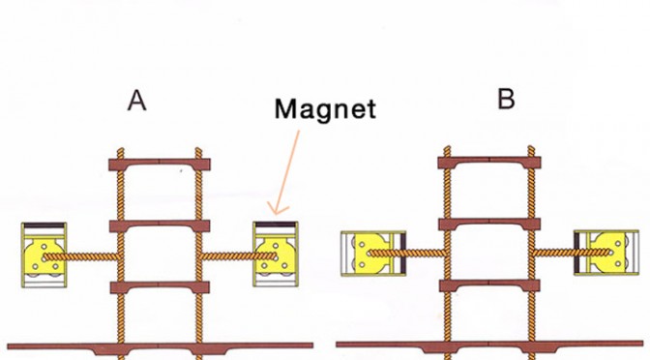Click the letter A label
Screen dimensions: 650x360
[136, 101]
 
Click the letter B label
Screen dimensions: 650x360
[506, 99]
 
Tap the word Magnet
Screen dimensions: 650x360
[325, 109]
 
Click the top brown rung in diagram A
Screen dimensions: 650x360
[160, 165]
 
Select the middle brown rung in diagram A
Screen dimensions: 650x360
[160, 225]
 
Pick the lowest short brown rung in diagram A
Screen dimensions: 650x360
[160, 287]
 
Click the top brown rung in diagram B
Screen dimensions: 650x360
[489, 163]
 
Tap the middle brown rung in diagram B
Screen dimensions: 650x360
[489, 224]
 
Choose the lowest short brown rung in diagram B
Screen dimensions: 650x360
[489, 285]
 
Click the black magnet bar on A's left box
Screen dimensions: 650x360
[44, 225]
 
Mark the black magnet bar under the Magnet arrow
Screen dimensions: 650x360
[276, 225]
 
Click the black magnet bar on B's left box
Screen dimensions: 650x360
[403, 253]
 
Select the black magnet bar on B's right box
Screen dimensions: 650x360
[576, 253]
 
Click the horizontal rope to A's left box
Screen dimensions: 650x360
[82, 257]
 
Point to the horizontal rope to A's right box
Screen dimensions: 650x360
[238, 256]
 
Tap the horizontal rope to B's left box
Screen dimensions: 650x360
[407, 253]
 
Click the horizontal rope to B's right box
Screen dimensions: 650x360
[572, 252]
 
